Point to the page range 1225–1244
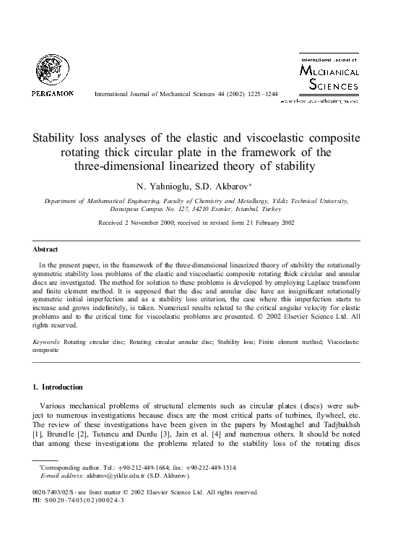(259, 95)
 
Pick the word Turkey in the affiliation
(276, 208)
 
